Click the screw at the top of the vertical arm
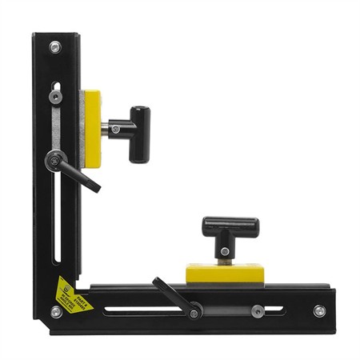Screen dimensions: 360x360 [x=54, y=46]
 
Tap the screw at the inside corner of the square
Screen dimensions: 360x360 [x=56, y=312]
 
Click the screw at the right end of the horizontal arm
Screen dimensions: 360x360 [x=319, y=311]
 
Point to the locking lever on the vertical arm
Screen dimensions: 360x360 [x=83, y=174]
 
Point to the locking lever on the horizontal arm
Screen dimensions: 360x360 [x=172, y=294]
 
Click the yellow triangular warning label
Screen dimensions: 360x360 [x=70, y=295]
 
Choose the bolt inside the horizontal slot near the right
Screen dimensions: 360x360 [x=258, y=311]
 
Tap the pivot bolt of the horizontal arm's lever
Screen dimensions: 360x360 [x=194, y=313]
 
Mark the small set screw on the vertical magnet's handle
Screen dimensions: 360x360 [x=117, y=129]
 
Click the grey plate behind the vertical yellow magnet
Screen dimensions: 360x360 [x=81, y=128]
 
